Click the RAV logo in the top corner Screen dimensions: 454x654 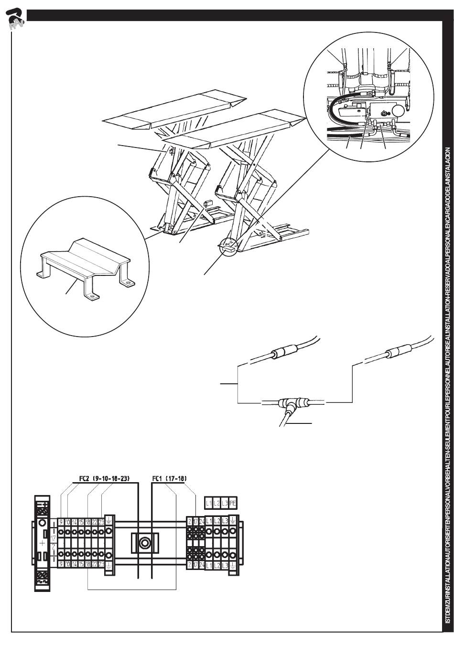15,19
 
